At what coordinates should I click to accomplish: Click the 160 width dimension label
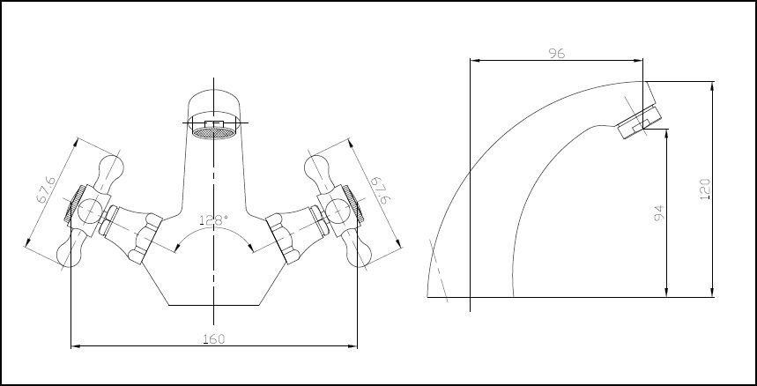click(213, 338)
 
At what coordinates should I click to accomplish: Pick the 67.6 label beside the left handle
click(46, 191)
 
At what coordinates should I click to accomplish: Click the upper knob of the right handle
click(316, 167)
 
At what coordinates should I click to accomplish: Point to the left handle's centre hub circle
click(90, 209)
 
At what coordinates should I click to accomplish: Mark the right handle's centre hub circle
click(337, 209)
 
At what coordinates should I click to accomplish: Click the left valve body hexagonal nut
click(143, 239)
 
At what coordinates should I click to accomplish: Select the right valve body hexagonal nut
click(284, 239)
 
